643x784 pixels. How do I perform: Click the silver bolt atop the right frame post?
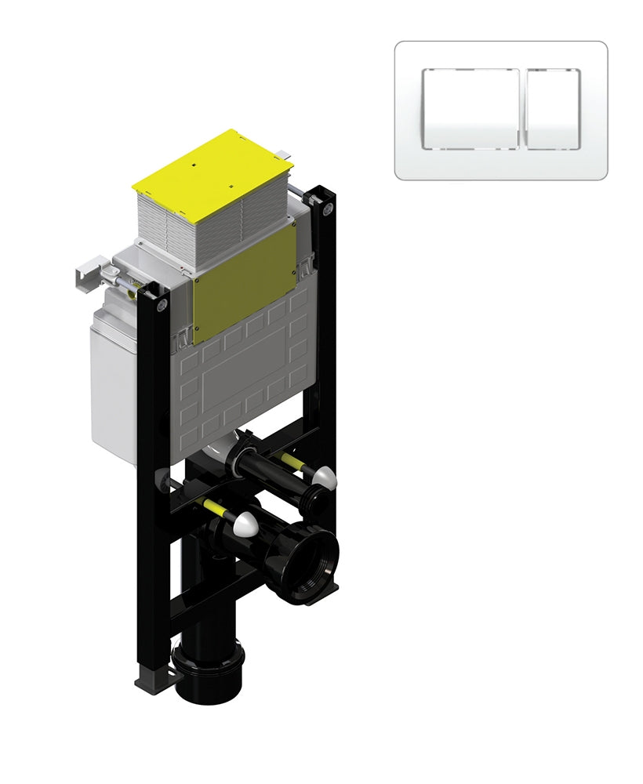click(327, 208)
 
